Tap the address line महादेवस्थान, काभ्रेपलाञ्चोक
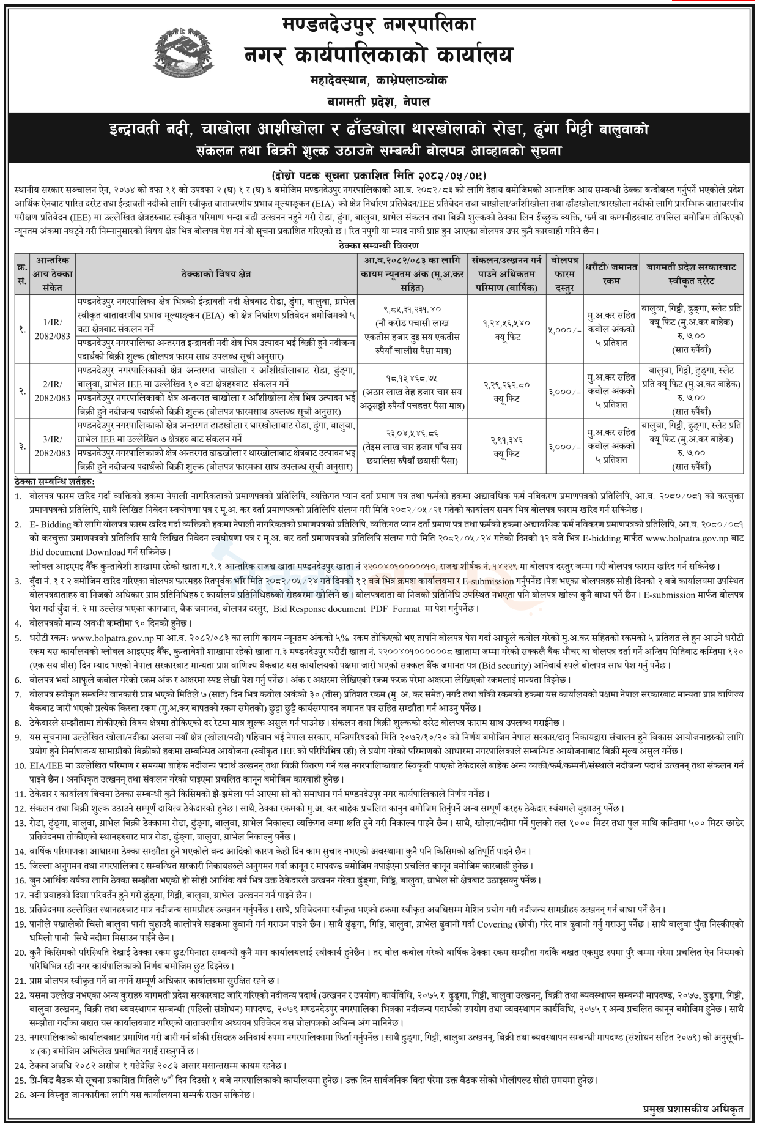378,80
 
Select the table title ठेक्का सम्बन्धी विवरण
378,245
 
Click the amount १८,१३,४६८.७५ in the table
413,378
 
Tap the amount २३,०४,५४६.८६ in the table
413,431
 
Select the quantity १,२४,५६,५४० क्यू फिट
507,328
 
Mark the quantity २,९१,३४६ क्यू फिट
507,446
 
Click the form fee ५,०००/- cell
564,329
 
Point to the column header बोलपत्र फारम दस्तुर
564,273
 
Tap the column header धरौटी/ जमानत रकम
611,273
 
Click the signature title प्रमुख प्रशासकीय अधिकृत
693,1108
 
